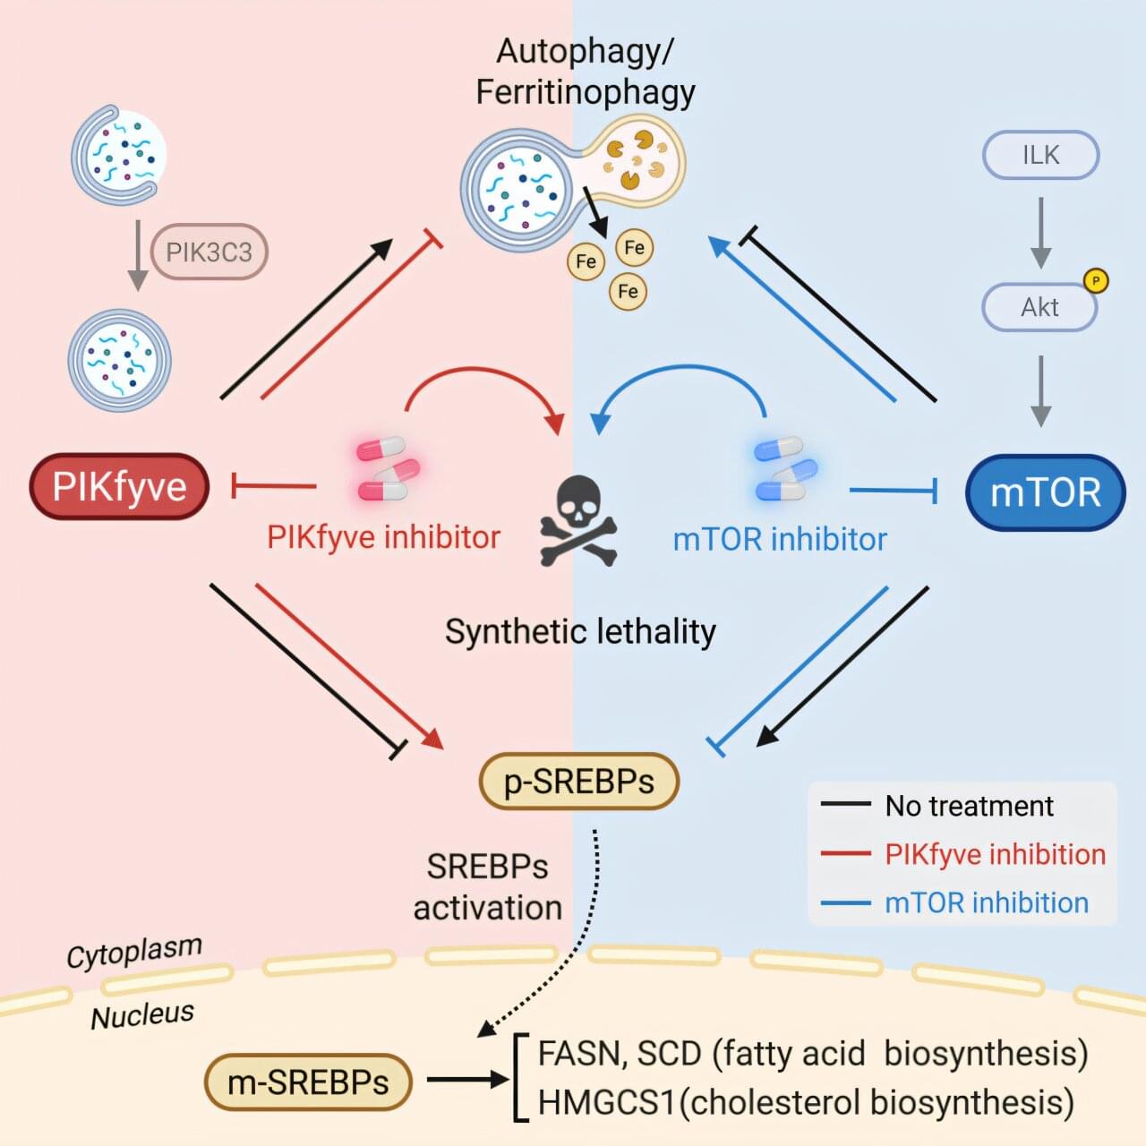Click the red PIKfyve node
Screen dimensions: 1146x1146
tap(119, 487)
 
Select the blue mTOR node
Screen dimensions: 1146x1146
tap(1045, 492)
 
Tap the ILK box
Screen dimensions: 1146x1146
tap(1040, 155)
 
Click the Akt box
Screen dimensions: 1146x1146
tap(1039, 307)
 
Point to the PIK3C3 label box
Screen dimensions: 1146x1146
tap(210, 252)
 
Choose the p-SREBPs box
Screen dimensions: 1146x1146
tap(579, 782)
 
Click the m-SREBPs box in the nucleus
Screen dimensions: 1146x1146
tap(308, 1082)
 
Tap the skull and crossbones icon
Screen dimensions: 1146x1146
tap(578, 521)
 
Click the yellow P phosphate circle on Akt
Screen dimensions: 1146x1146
tap(1096, 281)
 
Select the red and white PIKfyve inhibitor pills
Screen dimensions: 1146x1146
tap(388, 468)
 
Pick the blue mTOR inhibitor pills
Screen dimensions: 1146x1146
tap(785, 468)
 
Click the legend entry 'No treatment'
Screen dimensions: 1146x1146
tap(969, 806)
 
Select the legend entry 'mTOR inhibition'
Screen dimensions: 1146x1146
tap(986, 902)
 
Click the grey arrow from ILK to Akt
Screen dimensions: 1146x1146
tap(1040, 232)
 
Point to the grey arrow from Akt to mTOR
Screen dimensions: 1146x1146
tap(1040, 390)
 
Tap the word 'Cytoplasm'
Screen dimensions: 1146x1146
tap(134, 952)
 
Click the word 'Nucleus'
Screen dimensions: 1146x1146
tap(142, 1015)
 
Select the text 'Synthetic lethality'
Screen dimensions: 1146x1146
tap(580, 632)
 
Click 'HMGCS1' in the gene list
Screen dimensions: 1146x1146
tap(606, 1102)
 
